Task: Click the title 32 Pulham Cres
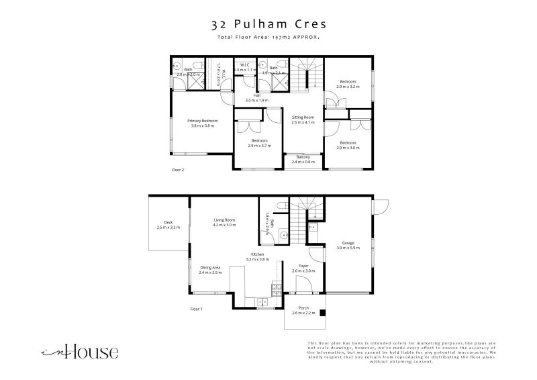coord(268,25)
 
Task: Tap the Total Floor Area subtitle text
coord(268,38)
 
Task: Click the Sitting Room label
coord(303,120)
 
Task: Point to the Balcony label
coord(303,159)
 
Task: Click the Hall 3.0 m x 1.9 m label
coord(256,97)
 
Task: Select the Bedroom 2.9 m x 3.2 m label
coord(348,84)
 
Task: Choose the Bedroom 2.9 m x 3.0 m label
coord(348,145)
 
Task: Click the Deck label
coord(168,225)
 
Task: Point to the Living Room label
coord(224,222)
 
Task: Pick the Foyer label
coord(303,268)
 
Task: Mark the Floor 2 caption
coord(178,170)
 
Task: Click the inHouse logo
coord(80,351)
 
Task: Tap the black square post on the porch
coord(322,313)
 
